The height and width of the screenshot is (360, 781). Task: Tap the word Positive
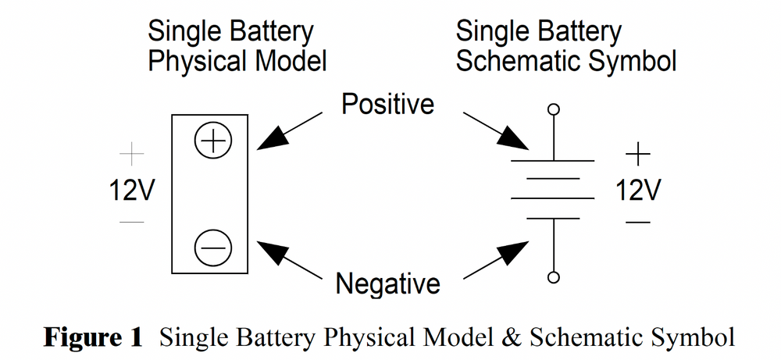387,104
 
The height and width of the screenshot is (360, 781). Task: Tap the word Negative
387,282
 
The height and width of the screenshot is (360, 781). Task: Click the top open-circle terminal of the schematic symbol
554,109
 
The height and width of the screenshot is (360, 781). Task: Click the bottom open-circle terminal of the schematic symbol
554,277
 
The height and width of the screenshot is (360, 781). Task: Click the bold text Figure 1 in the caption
93,337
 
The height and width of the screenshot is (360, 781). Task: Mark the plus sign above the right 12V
638,154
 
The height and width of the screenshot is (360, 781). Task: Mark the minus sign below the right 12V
638,223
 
